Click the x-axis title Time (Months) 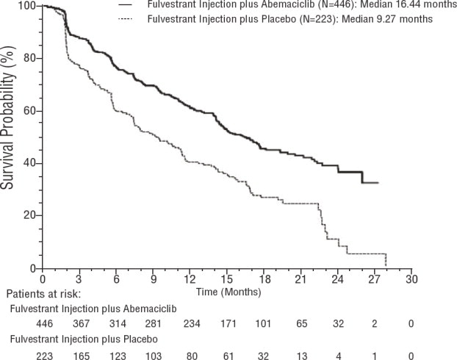point(226,292)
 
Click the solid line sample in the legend point(126,6)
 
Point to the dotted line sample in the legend point(126,19)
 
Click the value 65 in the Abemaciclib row point(301,323)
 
